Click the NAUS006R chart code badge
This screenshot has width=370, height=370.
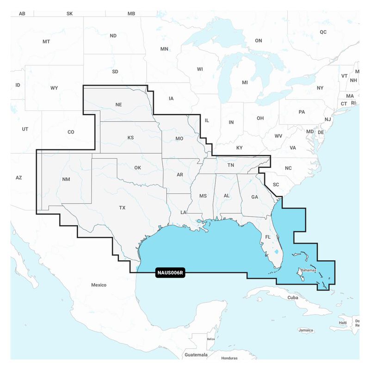pyautogui.click(x=170, y=273)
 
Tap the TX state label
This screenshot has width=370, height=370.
pyautogui.click(x=122, y=208)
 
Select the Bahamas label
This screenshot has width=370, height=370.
pyautogui.click(x=308, y=269)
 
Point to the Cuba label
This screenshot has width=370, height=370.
pyautogui.click(x=292, y=297)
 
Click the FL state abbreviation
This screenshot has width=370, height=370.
pyautogui.click(x=267, y=237)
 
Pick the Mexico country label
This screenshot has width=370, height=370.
pyautogui.click(x=99, y=285)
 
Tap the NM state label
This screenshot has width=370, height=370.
pyautogui.click(x=66, y=179)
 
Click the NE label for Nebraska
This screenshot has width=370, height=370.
pyautogui.click(x=118, y=105)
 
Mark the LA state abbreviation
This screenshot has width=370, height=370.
pyautogui.click(x=184, y=212)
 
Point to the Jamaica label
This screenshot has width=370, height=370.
pyautogui.click(x=306, y=330)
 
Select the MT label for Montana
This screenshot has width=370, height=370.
pyautogui.click(x=46, y=42)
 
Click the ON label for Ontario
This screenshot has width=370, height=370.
pyautogui.click(x=259, y=41)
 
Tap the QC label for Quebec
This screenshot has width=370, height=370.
pyautogui.click(x=323, y=32)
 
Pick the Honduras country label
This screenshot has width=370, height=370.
pyautogui.click(x=229, y=358)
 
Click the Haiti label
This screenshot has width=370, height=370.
pyautogui.click(x=343, y=322)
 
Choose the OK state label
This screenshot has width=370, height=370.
pyautogui.click(x=137, y=167)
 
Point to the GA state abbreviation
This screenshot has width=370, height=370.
pyautogui.click(x=254, y=197)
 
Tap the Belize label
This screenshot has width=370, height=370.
pyautogui.click(x=211, y=339)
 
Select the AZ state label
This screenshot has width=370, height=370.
pyautogui.click(x=18, y=178)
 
